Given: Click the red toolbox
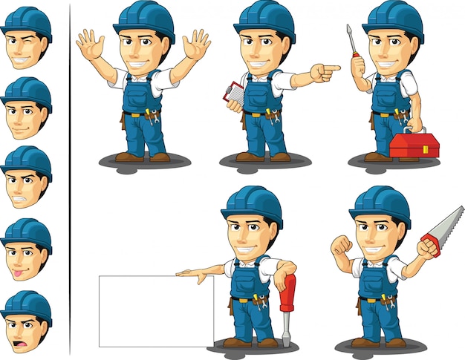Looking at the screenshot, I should point(414,145).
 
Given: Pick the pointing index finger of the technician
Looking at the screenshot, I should point(334,69).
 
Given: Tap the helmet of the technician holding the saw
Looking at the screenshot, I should point(380,202).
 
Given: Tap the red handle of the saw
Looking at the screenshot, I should point(430,242).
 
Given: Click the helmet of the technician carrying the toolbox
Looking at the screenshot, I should point(393,18).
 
